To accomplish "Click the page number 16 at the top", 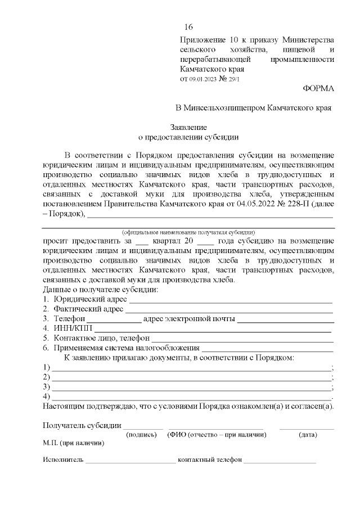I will (x=188, y=28).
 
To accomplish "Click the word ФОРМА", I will (x=318, y=88).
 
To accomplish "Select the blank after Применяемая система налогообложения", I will (x=268, y=348).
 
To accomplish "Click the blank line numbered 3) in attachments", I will (x=191, y=388).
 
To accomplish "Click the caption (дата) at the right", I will (x=307, y=435).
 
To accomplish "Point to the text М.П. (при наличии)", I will (x=73, y=443).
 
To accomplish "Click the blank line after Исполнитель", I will (x=130, y=460).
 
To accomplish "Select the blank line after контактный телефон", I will (x=280, y=460).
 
